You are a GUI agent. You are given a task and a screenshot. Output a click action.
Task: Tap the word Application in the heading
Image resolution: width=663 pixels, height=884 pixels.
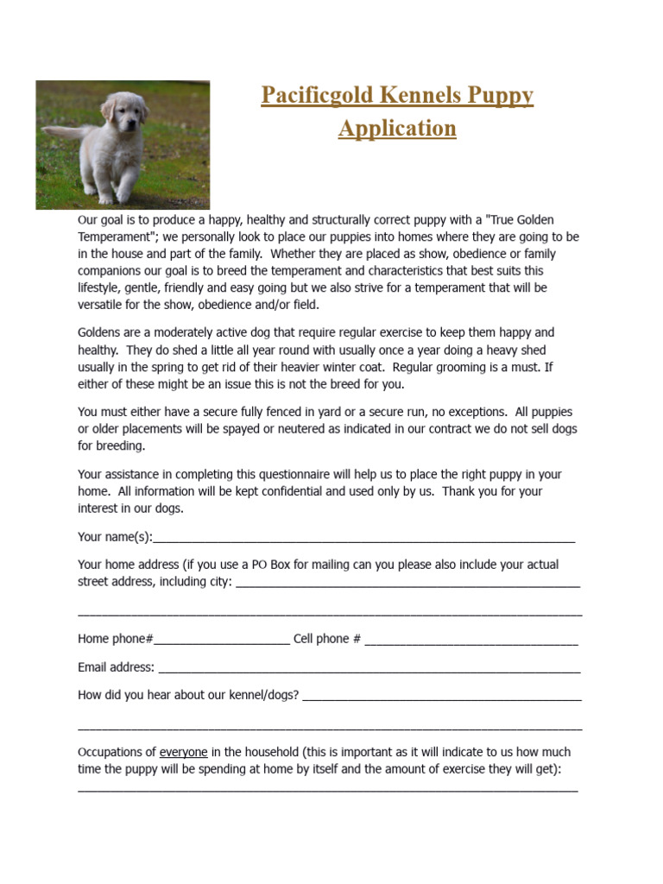point(397,129)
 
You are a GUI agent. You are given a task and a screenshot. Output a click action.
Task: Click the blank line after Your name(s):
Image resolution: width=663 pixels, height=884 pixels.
point(363,538)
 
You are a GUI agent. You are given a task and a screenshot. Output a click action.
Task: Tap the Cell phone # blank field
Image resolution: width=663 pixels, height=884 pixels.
point(471,640)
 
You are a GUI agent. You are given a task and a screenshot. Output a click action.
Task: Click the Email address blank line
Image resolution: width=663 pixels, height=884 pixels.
point(369,668)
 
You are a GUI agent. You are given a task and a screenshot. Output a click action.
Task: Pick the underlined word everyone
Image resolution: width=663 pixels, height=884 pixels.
point(184,752)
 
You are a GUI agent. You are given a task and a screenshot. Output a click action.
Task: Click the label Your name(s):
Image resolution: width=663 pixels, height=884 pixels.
point(115,537)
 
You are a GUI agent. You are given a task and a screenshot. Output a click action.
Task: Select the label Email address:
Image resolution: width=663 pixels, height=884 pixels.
point(117,667)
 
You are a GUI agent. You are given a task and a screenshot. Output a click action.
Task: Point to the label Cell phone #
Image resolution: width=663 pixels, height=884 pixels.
point(327,639)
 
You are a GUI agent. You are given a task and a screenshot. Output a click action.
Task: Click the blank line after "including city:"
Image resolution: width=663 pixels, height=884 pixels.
point(407,583)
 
